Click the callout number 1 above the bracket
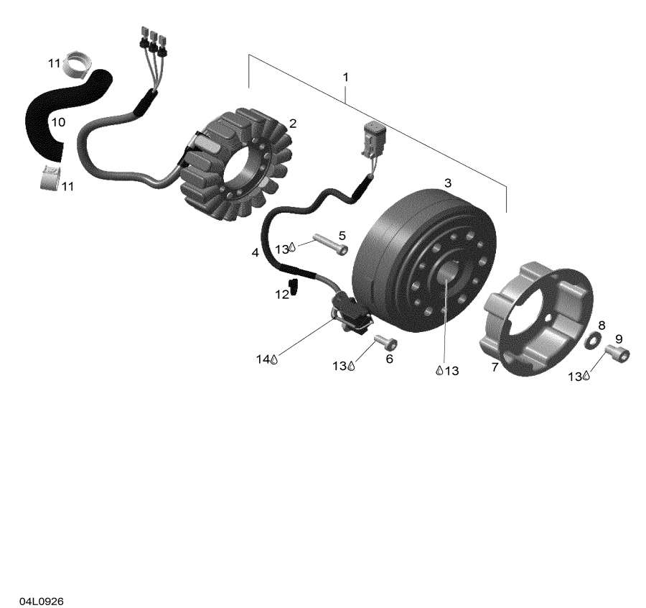coord(346,77)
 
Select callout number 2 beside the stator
coord(293,124)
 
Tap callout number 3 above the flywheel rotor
coord(448,183)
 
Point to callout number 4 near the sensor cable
coord(256,252)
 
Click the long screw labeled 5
coord(330,244)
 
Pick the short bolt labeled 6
coord(385,342)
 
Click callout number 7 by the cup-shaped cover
coord(495,367)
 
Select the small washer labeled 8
coord(593,340)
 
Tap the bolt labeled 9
coord(617,354)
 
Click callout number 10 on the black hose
coord(58,122)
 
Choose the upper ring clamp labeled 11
coord(79,65)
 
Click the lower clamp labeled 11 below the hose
coord(51,177)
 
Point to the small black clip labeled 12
coord(294,287)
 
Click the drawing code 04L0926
coord(41,601)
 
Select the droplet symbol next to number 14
coord(274,359)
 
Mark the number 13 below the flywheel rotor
coord(452,370)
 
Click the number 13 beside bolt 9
coord(574,376)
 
